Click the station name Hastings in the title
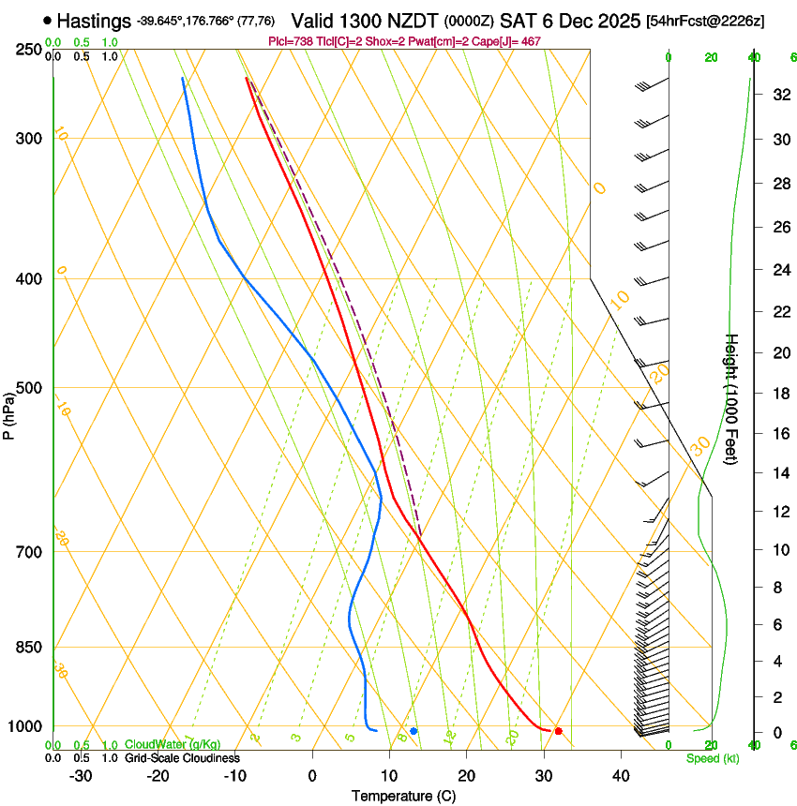coord(95,20)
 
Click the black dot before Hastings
coord(48,20)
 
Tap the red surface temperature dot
coord(558,731)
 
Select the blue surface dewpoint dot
coord(414,731)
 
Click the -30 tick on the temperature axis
coord(81,775)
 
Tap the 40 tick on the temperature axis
coord(621,775)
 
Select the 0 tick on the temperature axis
coord(312,775)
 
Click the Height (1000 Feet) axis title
coord(732,399)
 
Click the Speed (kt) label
coord(712,758)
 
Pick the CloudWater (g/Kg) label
coord(159,745)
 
